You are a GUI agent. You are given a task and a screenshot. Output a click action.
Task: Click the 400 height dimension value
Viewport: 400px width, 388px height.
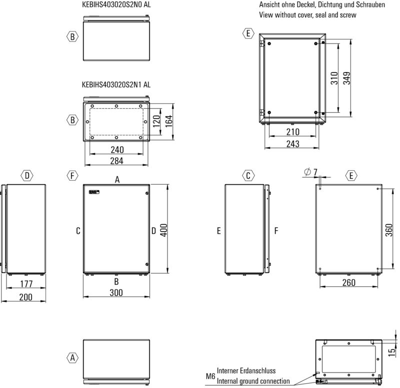[x=163, y=229]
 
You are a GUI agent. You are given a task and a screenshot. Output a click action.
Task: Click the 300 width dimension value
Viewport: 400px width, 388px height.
[x=116, y=293]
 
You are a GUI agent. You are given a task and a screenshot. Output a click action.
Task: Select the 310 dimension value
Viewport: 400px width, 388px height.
[x=334, y=78]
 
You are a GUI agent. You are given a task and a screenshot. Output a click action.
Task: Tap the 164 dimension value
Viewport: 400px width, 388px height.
[x=168, y=121]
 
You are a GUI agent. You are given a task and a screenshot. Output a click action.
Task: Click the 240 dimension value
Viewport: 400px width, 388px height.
[x=116, y=150]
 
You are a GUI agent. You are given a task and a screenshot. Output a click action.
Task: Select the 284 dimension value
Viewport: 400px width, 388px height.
[x=116, y=161]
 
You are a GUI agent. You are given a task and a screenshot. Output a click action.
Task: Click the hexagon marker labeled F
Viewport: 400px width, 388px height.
[x=72, y=176]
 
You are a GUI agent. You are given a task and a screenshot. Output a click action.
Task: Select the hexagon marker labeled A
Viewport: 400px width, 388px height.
[x=72, y=358]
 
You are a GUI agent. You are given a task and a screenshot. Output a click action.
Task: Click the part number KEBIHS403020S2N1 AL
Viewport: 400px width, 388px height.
[x=115, y=85]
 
